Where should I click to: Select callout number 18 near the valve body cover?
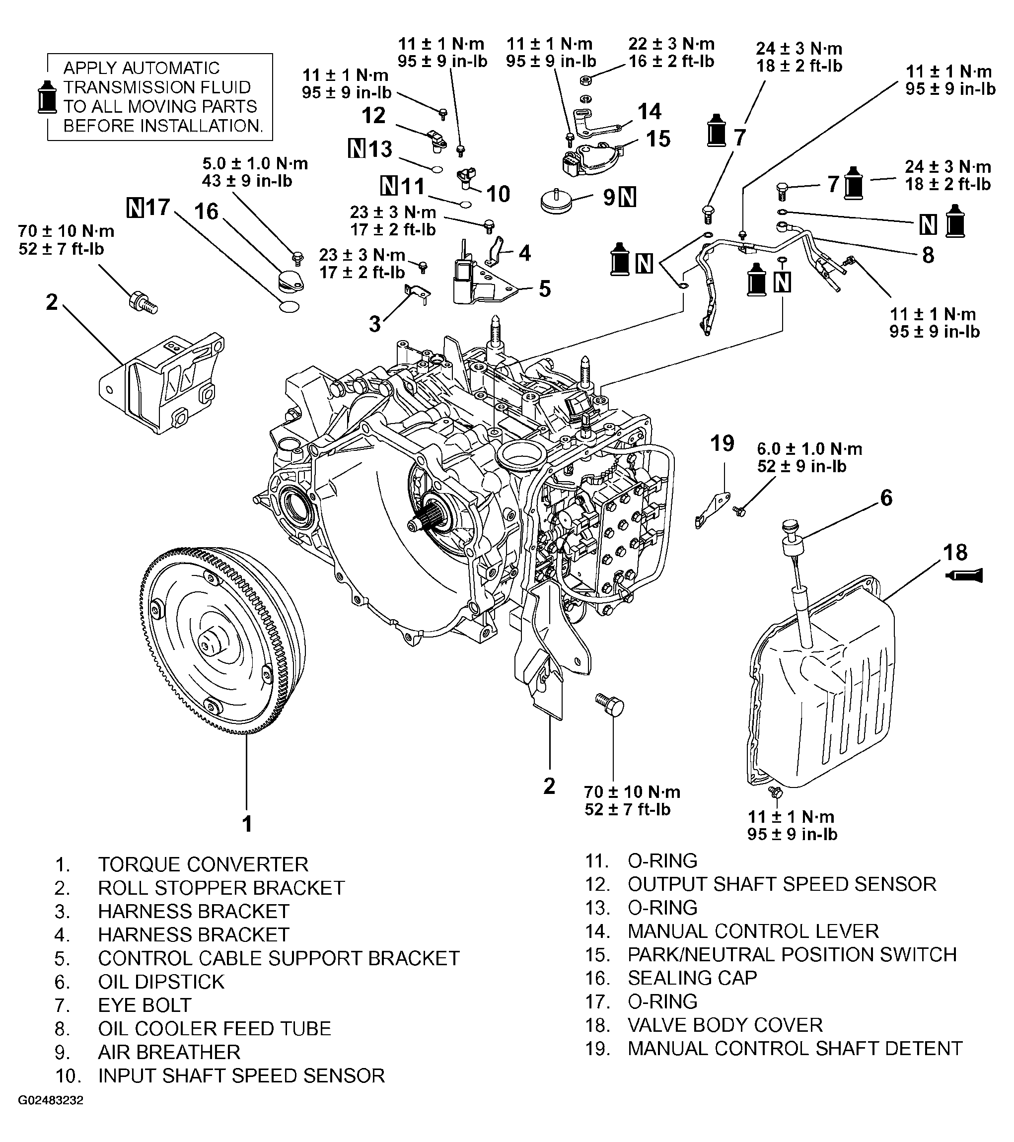(955, 553)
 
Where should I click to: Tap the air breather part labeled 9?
(558, 201)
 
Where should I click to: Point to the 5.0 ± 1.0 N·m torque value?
(255, 164)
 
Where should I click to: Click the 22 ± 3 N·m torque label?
(671, 44)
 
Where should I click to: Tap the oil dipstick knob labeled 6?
(791, 527)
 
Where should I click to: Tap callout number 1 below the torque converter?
(246, 824)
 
